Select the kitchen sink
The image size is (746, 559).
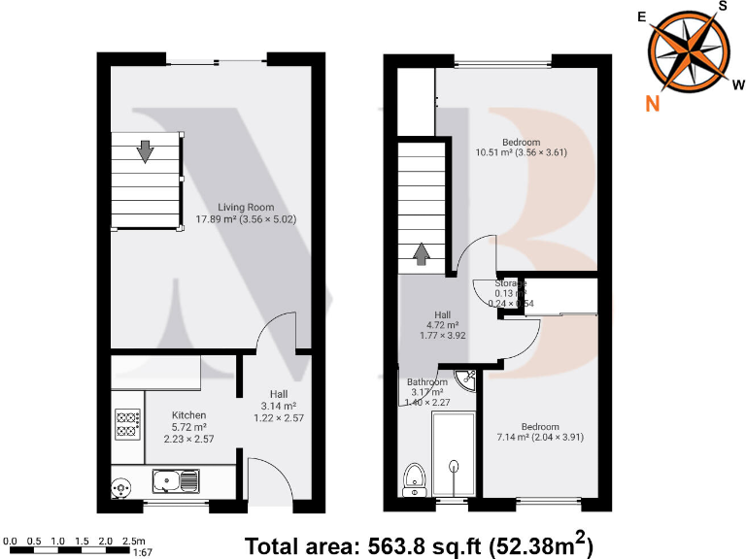176,478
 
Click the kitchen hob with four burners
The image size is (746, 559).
126,423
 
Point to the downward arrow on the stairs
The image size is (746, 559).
145,151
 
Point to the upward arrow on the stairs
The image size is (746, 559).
422,253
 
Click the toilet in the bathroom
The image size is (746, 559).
415,477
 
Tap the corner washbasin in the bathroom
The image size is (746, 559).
467,379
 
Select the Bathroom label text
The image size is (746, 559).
427,382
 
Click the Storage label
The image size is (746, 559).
509,283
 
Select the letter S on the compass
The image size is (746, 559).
722,7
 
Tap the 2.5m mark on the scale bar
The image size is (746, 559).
135,540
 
